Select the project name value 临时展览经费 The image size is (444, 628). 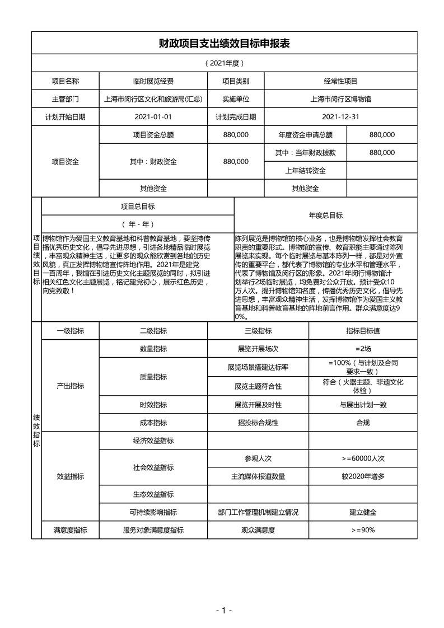click(153, 81)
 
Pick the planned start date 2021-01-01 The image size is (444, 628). click(153, 117)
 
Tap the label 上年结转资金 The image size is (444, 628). click(306, 170)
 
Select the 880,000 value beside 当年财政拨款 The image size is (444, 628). click(382, 152)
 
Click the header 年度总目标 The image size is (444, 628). click(326, 215)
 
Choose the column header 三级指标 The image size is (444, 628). click(258, 331)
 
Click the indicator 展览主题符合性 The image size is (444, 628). click(258, 386)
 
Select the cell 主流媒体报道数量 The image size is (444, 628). click(258, 476)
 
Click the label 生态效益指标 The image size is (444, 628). click(153, 494)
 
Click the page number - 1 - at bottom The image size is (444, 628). click(223, 610)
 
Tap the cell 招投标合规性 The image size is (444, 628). click(258, 423)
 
